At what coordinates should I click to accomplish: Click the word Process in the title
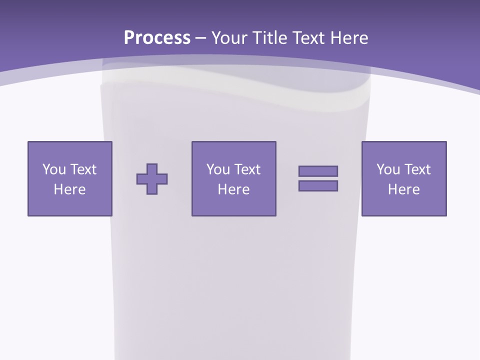157,38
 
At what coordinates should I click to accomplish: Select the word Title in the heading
269,38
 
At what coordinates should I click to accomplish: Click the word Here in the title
349,38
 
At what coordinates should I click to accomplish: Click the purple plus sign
152,178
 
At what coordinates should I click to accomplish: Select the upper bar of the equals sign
318,171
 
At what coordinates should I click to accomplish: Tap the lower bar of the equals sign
318,185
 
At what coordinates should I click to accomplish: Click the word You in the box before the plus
54,169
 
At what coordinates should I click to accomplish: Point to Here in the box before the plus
69,189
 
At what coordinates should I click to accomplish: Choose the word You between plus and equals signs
218,169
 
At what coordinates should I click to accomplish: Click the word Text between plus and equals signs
247,169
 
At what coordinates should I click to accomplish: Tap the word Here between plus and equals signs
233,189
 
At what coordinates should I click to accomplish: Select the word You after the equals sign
388,169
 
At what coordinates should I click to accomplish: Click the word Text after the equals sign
417,169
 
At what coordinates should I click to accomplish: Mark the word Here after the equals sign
403,189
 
